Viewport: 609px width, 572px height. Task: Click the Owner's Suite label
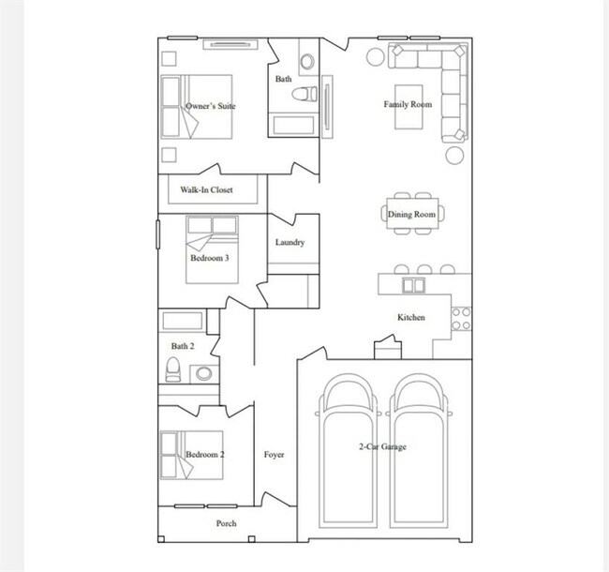[x=210, y=106]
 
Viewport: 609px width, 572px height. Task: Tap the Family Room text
[x=408, y=104]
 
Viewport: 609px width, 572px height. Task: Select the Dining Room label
[x=411, y=215]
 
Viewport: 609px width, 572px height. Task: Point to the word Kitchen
[x=410, y=318]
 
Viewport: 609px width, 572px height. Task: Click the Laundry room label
[x=290, y=243]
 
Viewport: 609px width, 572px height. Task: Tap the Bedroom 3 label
[x=210, y=257]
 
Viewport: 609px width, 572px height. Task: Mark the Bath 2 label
[x=182, y=346]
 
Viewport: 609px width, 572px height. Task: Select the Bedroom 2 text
[x=204, y=455]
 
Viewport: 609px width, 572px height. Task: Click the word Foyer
[x=274, y=455]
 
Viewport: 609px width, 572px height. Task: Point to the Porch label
[x=226, y=523]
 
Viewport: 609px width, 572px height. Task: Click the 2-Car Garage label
[x=381, y=447]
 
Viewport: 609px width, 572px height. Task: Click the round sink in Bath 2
[x=203, y=373]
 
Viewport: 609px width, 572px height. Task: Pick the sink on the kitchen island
[x=410, y=284]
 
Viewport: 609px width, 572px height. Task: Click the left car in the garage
[x=347, y=450]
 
